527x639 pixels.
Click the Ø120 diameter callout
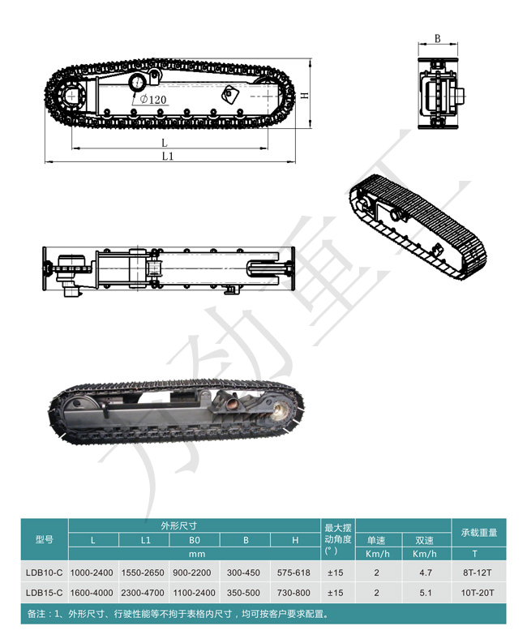click(153, 99)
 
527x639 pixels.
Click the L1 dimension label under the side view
click(168, 156)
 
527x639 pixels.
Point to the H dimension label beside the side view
click(305, 96)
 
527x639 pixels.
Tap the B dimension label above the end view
click(437, 38)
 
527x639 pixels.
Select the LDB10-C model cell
click(45, 573)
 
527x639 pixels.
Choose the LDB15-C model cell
click(45, 593)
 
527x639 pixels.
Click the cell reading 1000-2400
click(92, 573)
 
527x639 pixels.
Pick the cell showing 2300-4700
click(143, 593)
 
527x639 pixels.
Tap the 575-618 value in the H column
click(293, 573)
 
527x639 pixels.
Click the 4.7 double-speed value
click(426, 573)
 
